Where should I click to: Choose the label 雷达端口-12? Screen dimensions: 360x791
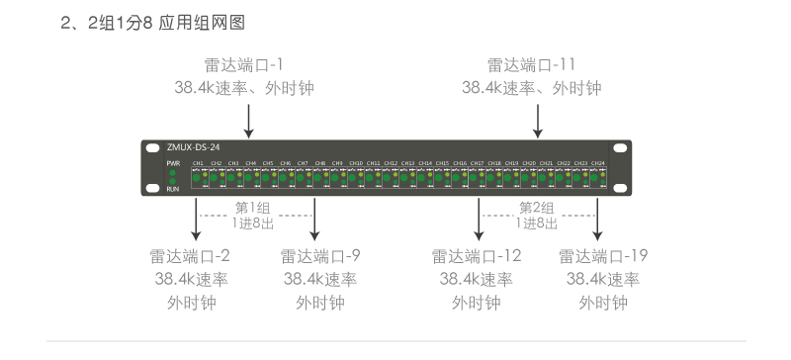(x=477, y=257)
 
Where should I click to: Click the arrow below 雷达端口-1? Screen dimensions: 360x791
(x=248, y=119)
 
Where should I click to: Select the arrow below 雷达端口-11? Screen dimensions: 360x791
(x=538, y=119)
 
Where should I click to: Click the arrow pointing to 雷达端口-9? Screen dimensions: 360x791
(x=315, y=219)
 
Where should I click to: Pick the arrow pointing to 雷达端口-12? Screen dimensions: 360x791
(x=479, y=219)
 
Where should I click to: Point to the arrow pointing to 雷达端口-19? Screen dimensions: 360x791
(x=598, y=219)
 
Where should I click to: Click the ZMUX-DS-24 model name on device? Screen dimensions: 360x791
(x=193, y=146)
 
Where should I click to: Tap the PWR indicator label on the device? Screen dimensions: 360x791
(x=172, y=161)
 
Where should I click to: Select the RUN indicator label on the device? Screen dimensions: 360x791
(x=172, y=188)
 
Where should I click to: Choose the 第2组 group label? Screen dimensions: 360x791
(x=537, y=208)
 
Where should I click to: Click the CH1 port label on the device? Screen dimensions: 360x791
(x=198, y=162)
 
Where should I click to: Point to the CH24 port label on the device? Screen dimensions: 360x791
(x=597, y=162)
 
